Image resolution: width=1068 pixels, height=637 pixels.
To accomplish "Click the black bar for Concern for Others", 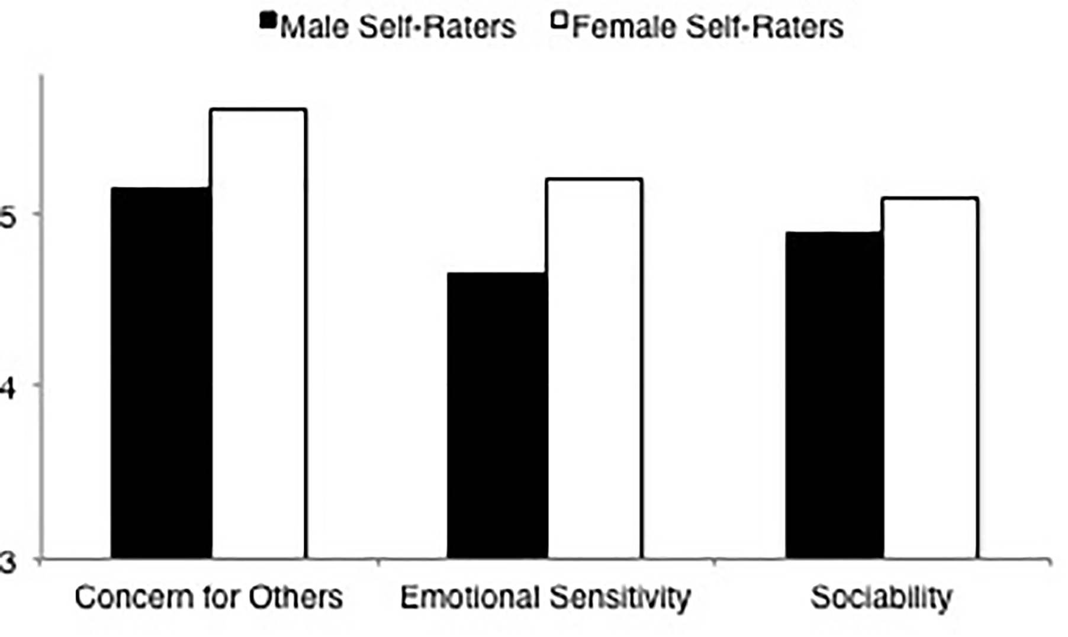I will pyautogui.click(x=161, y=373).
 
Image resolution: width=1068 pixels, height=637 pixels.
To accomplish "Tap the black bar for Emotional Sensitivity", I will pyautogui.click(x=497, y=414).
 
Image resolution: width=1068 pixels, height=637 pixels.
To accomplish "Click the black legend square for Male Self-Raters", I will pyautogui.click(x=269, y=21).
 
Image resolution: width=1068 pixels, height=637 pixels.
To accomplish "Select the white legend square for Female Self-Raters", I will pyautogui.click(x=559, y=21).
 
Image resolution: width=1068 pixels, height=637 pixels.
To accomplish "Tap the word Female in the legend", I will pyautogui.click(x=625, y=27).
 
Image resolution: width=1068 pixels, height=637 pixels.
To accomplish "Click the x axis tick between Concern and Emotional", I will pyautogui.click(x=378, y=562).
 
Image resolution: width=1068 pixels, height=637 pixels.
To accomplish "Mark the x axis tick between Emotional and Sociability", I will pyautogui.click(x=715, y=562).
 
